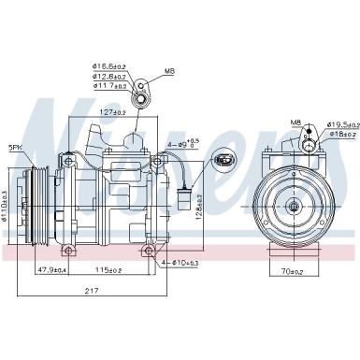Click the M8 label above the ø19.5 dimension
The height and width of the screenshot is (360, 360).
[x=295, y=122]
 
